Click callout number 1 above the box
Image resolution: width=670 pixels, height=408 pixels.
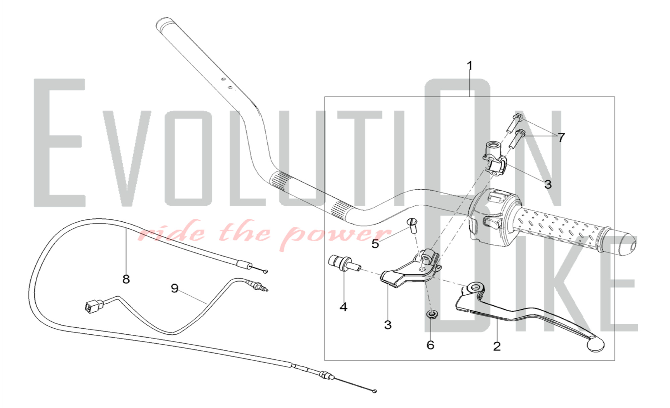click(470, 66)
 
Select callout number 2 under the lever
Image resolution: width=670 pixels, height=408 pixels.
click(497, 346)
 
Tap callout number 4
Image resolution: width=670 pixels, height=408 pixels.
click(343, 307)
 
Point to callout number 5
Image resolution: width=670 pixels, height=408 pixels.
click(375, 244)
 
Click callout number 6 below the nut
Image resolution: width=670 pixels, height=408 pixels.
click(430, 345)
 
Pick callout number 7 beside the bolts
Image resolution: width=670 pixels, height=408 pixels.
click(561, 137)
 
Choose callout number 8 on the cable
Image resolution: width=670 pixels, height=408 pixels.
click(126, 279)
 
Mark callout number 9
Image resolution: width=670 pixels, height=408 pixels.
click(175, 288)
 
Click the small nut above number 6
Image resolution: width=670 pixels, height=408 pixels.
click(431, 315)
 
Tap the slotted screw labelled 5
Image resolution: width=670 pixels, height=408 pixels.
click(411, 227)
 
